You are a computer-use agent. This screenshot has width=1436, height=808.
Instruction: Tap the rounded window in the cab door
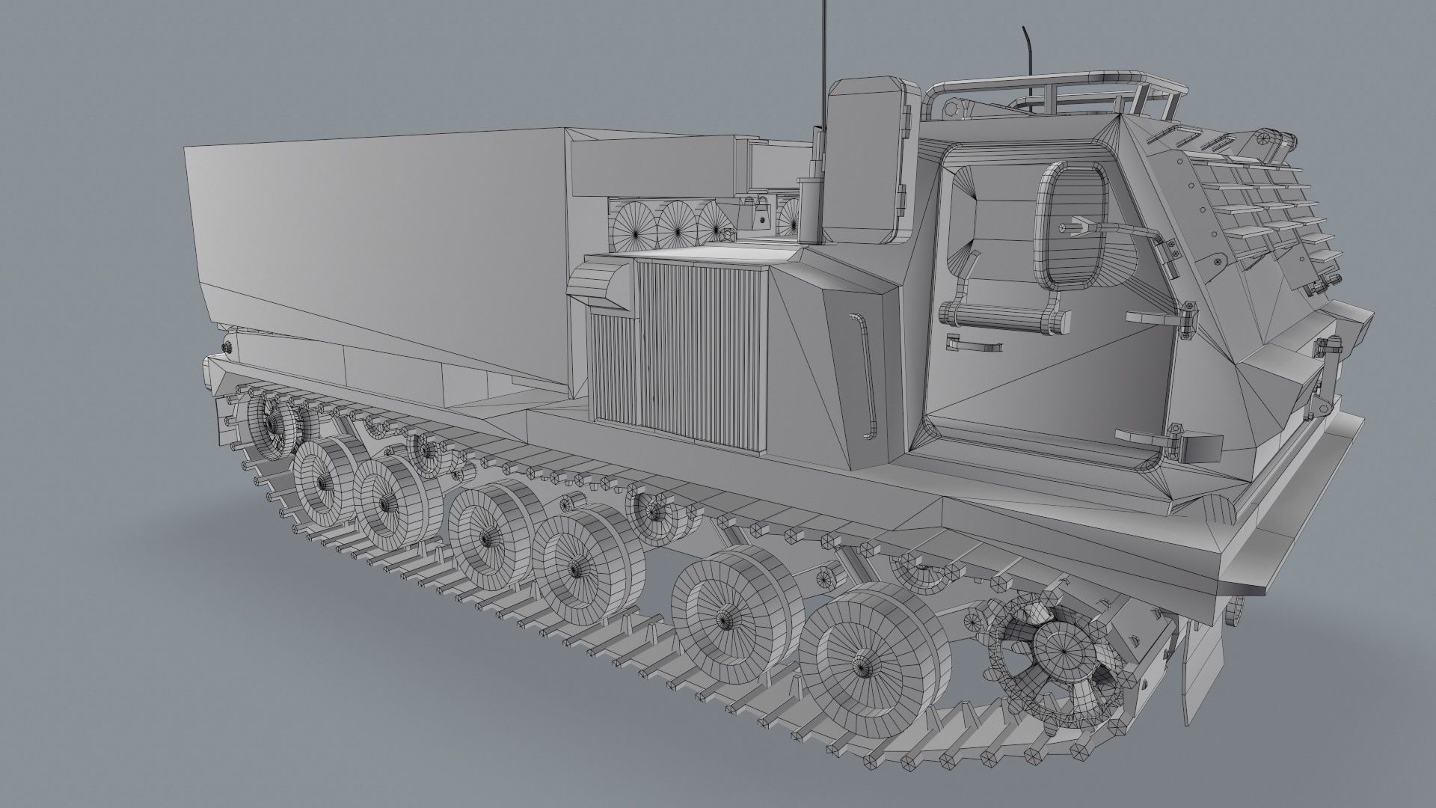coord(1070,224)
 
